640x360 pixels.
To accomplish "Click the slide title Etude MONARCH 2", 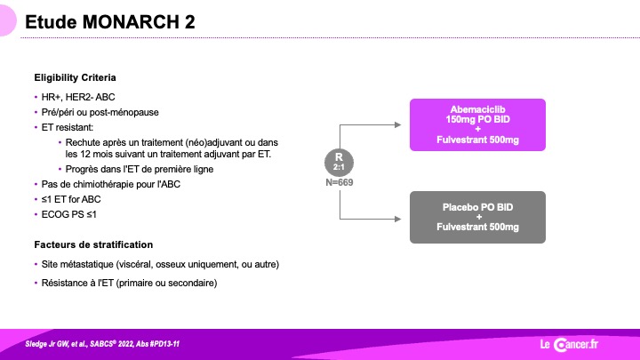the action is click(x=110, y=22).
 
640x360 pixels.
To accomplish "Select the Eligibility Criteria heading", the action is click(x=75, y=77).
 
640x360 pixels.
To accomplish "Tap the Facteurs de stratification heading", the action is click(x=93, y=244).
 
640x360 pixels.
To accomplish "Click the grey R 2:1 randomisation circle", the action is click(x=339, y=162).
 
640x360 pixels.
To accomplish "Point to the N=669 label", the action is click(x=340, y=182).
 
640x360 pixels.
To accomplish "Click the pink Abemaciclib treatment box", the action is click(x=477, y=124).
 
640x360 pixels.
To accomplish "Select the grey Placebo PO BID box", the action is click(x=477, y=217).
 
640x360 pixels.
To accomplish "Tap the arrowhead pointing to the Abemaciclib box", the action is click(x=398, y=125).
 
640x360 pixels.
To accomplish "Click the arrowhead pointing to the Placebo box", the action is click(x=398, y=219).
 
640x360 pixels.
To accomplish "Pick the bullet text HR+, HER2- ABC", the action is click(x=78, y=97).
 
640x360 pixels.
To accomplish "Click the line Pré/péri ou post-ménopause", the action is click(x=100, y=112).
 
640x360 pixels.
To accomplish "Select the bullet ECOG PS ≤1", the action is click(x=69, y=214).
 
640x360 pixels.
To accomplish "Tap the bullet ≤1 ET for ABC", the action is click(x=71, y=199).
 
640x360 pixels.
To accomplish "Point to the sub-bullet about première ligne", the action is click(x=140, y=169).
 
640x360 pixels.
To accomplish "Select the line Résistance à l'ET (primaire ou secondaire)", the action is click(x=129, y=283).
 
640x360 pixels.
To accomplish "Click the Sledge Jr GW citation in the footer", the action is click(x=102, y=344).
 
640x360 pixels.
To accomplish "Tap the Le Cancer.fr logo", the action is click(x=569, y=345).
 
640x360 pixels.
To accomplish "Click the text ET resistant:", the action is click(x=68, y=127).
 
